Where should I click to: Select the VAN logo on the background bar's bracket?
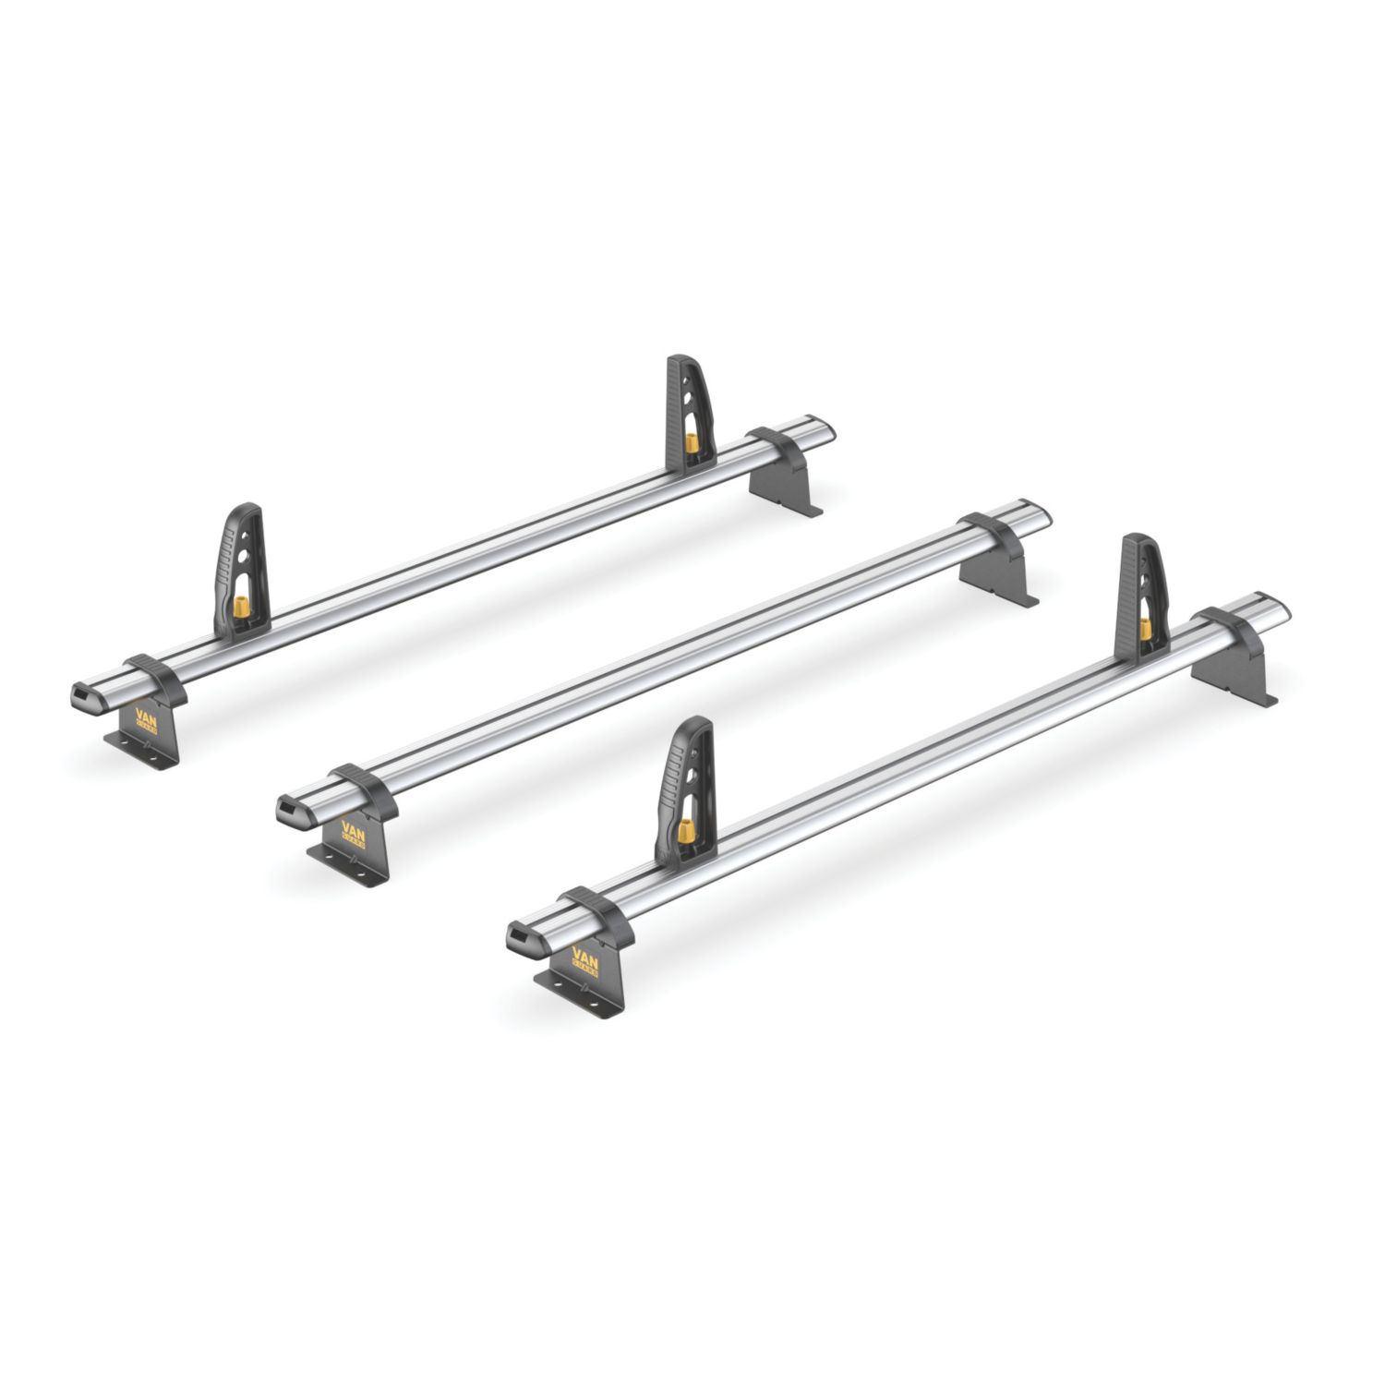146,720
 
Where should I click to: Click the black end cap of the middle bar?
291,813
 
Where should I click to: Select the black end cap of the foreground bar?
521,940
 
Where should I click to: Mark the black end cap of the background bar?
85,697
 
